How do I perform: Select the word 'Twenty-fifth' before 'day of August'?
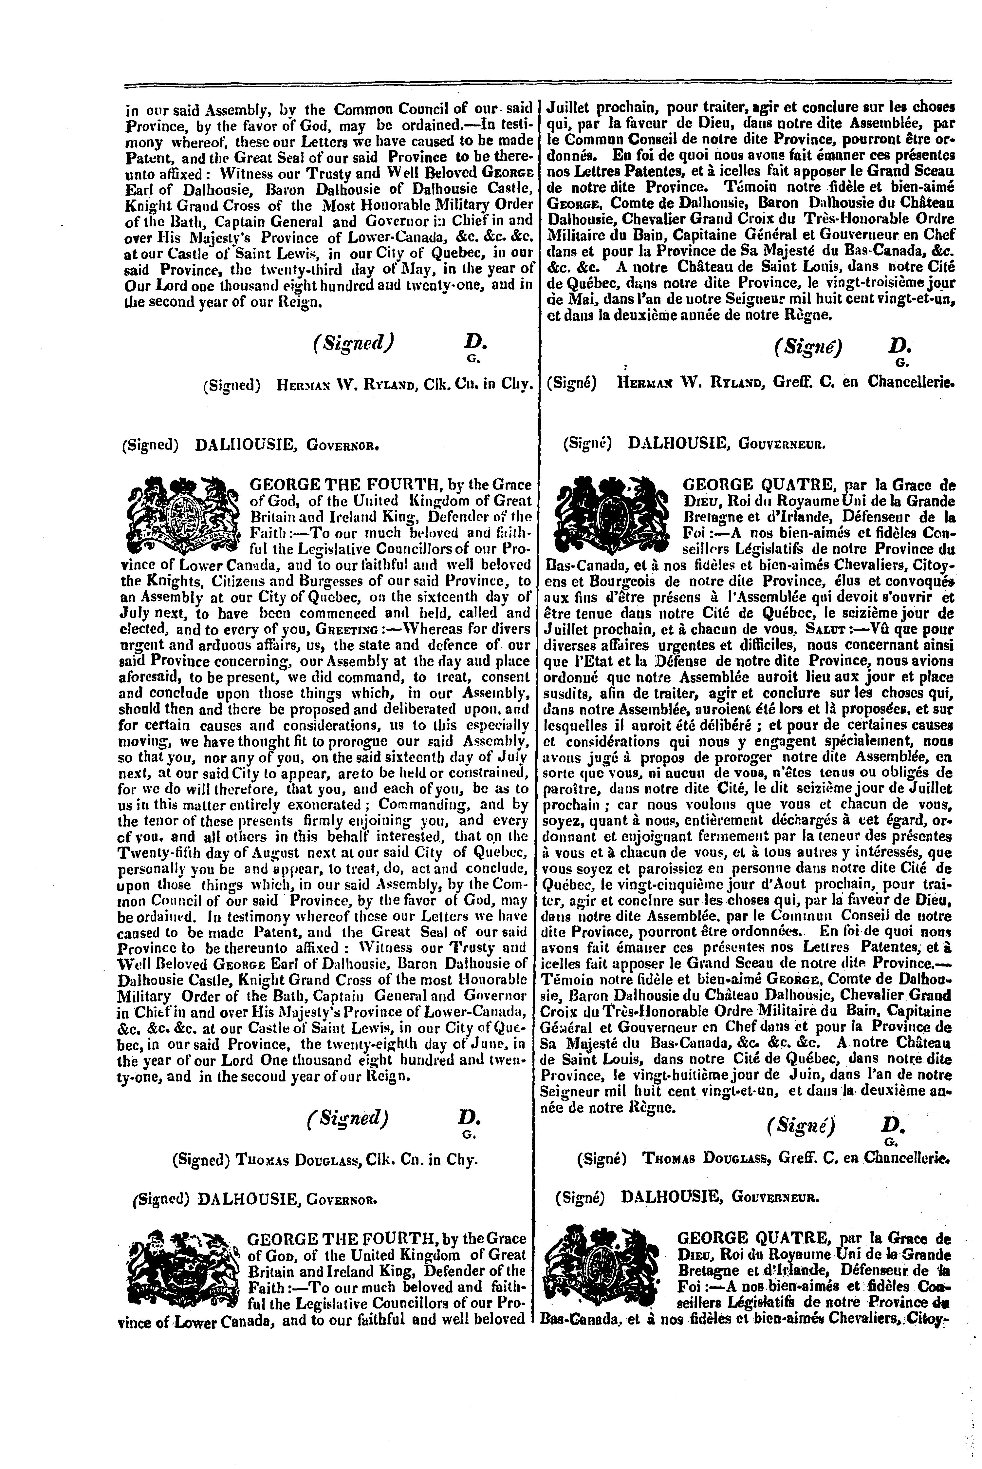157,852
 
